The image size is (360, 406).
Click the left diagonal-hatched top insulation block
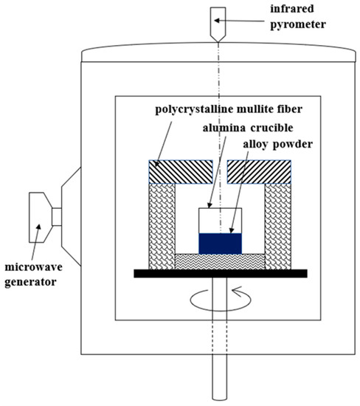coord(181,172)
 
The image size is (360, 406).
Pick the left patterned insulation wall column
coord(163,225)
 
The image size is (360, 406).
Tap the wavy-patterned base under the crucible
coord(221,261)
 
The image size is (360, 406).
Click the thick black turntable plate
coord(221,273)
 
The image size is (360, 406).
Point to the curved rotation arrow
coord(221,300)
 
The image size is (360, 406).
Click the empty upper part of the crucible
coord(221,220)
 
